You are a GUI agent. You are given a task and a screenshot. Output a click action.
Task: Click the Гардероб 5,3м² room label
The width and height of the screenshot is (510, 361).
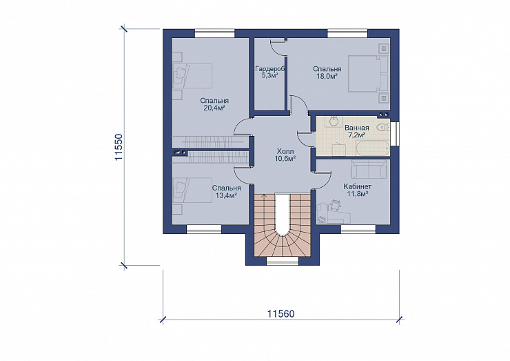(x=270, y=72)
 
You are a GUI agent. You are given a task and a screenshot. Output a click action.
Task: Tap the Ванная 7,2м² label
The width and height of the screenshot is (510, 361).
(x=356, y=131)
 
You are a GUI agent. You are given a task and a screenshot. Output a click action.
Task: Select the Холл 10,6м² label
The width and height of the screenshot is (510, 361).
(x=285, y=155)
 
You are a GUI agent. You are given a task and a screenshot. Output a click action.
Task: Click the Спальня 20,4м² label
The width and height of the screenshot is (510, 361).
(x=214, y=104)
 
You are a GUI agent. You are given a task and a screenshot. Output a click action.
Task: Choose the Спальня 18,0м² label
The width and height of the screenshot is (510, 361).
(x=327, y=72)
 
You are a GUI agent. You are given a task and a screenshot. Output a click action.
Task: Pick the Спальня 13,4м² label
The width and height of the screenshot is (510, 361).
(x=226, y=192)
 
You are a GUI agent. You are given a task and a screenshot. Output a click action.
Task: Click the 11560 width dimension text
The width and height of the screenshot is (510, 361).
(x=281, y=314)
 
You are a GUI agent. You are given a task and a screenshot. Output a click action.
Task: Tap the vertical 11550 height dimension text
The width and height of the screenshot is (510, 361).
(x=119, y=146)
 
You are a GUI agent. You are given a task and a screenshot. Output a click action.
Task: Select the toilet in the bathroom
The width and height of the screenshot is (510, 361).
(x=382, y=128)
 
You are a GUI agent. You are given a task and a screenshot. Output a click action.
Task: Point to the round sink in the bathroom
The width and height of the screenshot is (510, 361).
(x=334, y=121)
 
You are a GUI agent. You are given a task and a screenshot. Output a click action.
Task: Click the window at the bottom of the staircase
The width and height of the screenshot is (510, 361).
(x=283, y=262)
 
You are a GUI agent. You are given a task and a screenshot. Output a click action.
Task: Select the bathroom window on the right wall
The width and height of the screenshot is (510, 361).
(x=394, y=133)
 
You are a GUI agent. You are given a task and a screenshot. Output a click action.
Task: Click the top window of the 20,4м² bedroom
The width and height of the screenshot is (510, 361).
(x=214, y=34)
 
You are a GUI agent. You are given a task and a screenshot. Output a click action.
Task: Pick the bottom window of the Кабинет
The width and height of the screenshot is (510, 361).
(x=358, y=229)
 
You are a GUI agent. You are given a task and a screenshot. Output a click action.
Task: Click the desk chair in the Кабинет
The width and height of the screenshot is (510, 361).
(x=335, y=205)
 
